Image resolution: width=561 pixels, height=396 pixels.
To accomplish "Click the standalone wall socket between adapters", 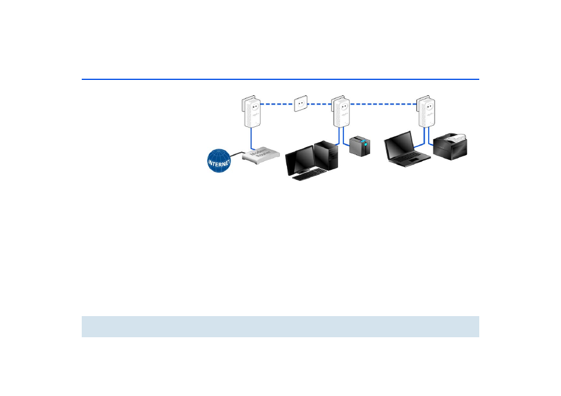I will (x=301, y=104).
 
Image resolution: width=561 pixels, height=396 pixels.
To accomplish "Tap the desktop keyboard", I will (x=310, y=174).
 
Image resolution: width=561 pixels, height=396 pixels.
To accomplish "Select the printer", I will (x=451, y=147).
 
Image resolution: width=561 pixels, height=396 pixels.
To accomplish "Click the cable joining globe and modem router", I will (x=238, y=154).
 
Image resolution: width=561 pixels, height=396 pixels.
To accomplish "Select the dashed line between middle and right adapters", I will (x=382, y=104).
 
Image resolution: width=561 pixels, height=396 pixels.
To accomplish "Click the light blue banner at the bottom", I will (x=280, y=326).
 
